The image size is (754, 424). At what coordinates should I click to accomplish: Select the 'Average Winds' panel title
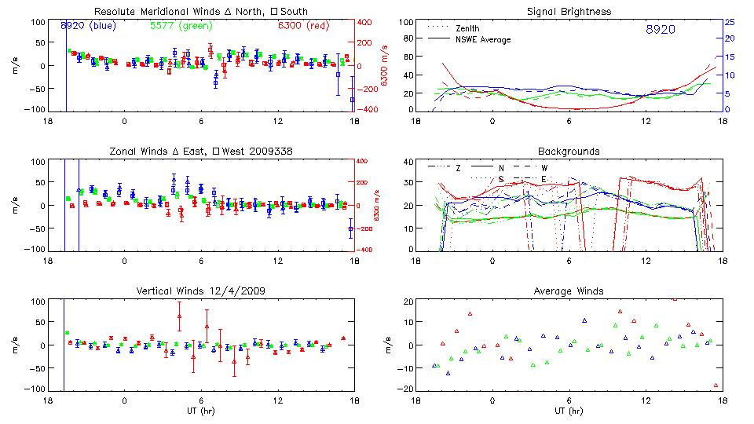click(x=569, y=291)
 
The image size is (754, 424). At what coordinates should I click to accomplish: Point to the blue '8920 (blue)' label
click(x=89, y=26)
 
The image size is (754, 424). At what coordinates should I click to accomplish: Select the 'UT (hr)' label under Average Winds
click(x=569, y=410)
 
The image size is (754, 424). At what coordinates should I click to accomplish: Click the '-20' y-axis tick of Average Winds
click(x=405, y=389)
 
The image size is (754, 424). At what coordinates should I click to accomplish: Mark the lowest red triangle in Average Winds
click(x=716, y=386)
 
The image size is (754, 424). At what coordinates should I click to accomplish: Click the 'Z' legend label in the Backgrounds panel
click(x=459, y=167)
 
